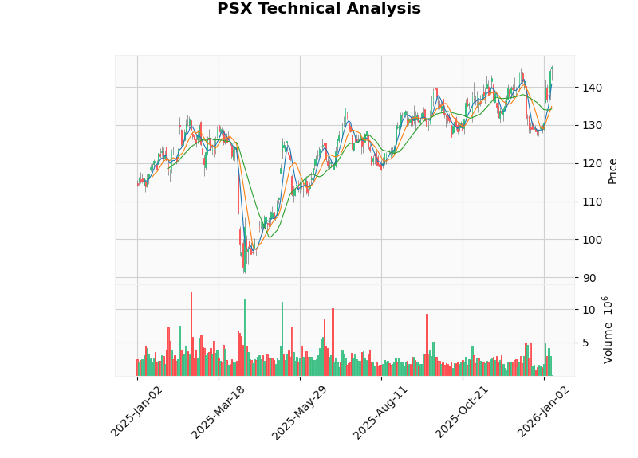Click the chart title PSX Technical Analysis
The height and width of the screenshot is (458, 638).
[x=319, y=10]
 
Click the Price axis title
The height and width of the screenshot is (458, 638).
[x=612, y=170]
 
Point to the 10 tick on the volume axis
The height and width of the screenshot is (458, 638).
[x=588, y=310]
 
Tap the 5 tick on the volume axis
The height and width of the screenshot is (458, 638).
[x=584, y=343]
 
